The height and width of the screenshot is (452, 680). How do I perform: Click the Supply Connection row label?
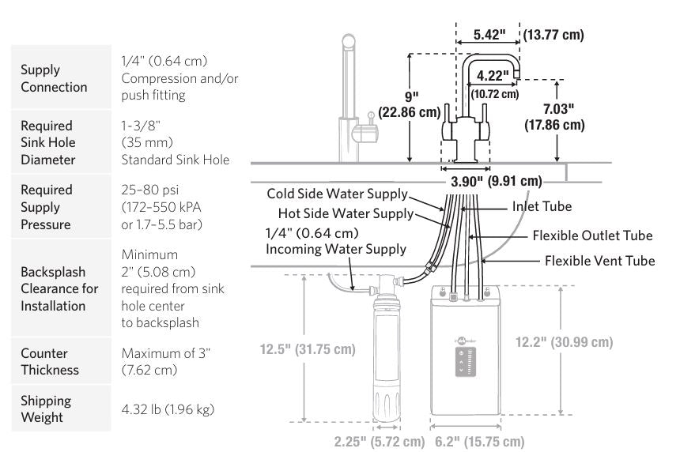pyautogui.click(x=54, y=78)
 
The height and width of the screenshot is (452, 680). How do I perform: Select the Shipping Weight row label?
pyautogui.click(x=46, y=409)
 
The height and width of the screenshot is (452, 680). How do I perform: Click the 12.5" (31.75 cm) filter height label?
pyautogui.click(x=308, y=348)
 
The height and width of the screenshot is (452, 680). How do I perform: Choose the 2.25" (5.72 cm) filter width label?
pyautogui.click(x=376, y=441)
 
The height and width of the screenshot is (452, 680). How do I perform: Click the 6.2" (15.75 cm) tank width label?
pyautogui.click(x=479, y=441)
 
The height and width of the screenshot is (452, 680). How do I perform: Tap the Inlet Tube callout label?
pyautogui.click(x=542, y=206)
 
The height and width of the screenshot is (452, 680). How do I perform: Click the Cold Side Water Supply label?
pyautogui.click(x=338, y=194)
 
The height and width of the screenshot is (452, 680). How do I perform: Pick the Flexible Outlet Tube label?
pyautogui.click(x=592, y=235)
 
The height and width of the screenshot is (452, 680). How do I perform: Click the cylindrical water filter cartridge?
pyautogui.click(x=387, y=356)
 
